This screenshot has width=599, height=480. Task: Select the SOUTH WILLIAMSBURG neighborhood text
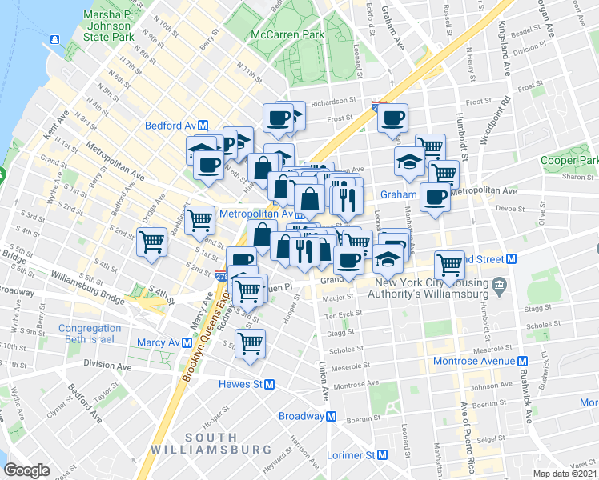point(211,445)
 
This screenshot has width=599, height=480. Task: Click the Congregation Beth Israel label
point(90,334)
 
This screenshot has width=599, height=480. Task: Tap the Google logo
point(28,470)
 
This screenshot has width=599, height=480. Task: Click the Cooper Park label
point(569,161)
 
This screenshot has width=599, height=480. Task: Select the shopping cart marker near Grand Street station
point(450,264)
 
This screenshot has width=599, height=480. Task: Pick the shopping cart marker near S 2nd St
point(151,241)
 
